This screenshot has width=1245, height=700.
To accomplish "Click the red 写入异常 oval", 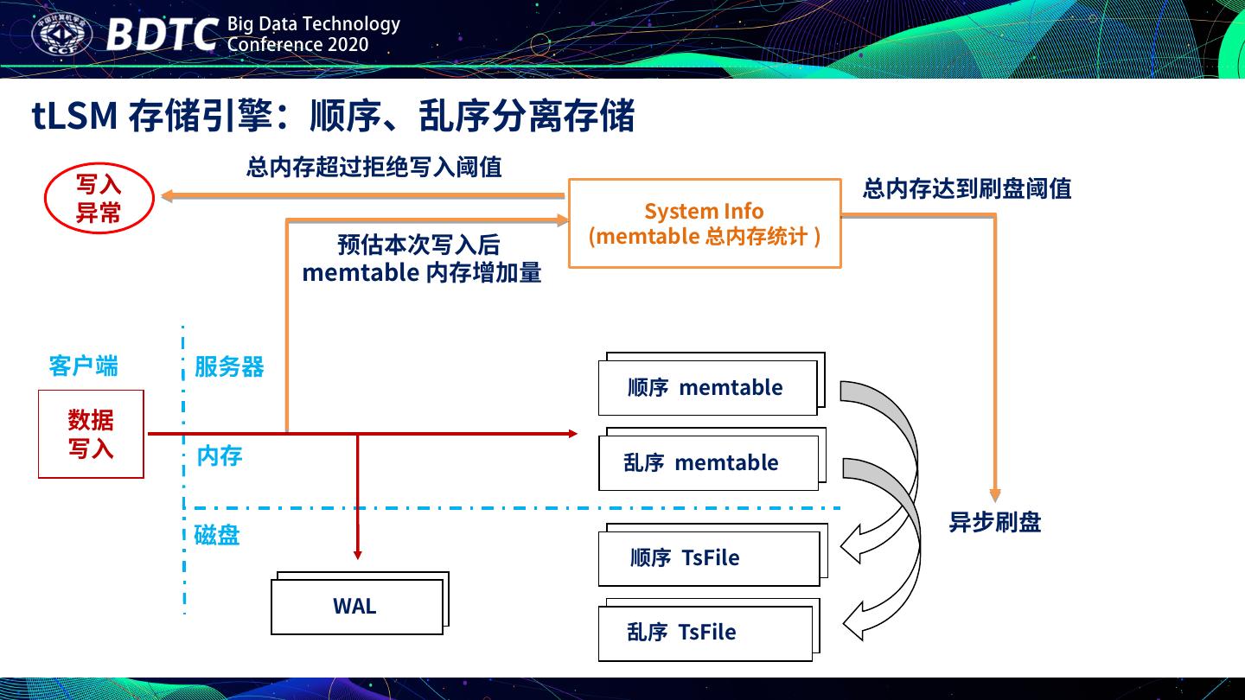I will (99, 198).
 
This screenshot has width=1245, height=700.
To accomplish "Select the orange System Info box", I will (704, 223).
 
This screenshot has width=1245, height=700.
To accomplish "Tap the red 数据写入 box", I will (91, 434).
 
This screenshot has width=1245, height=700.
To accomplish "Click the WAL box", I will (356, 606).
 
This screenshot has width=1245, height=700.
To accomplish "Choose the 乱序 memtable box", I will (707, 463).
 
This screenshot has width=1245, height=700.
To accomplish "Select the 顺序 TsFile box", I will (707, 558).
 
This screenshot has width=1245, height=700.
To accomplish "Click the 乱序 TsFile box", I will (705, 633).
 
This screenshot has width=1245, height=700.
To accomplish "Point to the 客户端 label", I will (83, 366).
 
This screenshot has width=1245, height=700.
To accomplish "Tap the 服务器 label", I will (229, 366).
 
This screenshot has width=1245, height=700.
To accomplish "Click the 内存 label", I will (220, 455).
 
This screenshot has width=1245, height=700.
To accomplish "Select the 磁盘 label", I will (217, 536).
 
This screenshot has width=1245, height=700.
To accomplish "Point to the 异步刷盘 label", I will (995, 522).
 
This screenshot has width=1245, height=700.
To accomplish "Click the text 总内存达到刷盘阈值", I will (967, 188).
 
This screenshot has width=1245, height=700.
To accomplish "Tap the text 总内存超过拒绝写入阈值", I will (373, 167).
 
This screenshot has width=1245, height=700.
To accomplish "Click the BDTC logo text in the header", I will (162, 35).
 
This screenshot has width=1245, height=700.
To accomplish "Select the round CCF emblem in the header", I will (61, 35).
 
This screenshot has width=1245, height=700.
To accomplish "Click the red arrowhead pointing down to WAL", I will (357, 553).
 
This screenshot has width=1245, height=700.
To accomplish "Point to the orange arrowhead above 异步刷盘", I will (995, 495).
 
